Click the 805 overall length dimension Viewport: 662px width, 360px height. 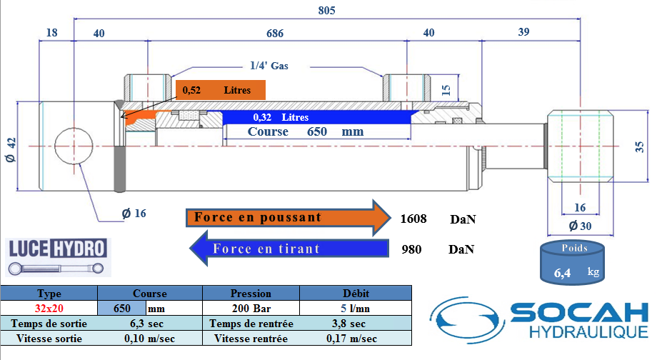327,11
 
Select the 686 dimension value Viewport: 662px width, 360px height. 275,34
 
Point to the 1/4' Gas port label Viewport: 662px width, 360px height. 269,66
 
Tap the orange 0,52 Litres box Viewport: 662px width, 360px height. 221,90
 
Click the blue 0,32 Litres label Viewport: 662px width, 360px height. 281,117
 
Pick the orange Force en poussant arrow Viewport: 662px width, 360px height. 289,218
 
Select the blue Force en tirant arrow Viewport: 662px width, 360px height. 289,249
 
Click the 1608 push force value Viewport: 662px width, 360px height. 413,219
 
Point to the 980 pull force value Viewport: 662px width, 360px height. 411,249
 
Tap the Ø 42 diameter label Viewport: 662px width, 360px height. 11,150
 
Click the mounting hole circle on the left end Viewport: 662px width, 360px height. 74,146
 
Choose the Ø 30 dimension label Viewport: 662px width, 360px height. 580,226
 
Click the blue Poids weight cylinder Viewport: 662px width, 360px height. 572,263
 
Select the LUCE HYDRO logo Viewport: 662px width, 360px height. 57,256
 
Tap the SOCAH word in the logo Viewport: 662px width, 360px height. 579,313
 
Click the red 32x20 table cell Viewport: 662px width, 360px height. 49,308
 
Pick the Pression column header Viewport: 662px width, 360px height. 251,294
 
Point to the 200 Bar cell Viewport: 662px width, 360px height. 251,309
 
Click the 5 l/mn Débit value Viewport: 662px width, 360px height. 356,309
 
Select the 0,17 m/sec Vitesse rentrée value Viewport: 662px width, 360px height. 351,339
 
